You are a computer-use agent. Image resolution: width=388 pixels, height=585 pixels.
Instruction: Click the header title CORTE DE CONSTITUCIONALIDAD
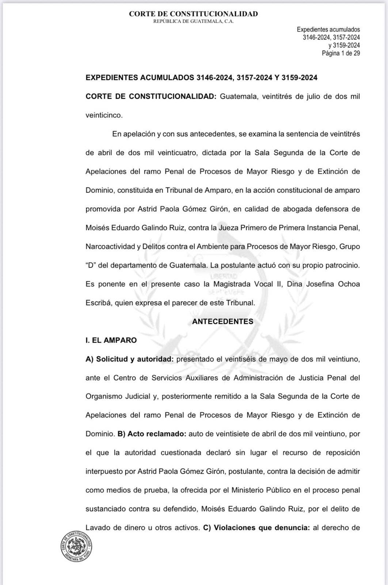click(x=193, y=14)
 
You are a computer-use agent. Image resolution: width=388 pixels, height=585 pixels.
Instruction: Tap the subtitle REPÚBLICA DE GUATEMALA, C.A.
click(x=193, y=22)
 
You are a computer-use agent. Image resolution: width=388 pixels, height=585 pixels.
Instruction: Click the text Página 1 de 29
click(x=341, y=53)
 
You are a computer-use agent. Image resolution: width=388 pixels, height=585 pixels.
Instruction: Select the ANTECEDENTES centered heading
click(x=222, y=321)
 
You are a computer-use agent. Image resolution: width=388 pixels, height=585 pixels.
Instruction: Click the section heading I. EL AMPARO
click(x=111, y=340)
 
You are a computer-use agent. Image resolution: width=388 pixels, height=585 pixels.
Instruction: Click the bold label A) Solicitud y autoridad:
click(x=129, y=359)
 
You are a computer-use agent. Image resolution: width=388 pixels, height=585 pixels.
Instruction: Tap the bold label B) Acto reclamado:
click(x=152, y=434)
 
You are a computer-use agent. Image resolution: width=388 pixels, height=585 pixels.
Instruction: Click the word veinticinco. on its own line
click(x=104, y=115)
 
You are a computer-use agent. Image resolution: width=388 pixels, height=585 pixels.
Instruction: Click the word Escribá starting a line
click(x=98, y=303)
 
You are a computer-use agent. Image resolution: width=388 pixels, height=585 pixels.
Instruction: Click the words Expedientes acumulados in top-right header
click(x=328, y=30)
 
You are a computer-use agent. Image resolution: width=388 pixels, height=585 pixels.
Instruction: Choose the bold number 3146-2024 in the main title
click(x=214, y=78)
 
